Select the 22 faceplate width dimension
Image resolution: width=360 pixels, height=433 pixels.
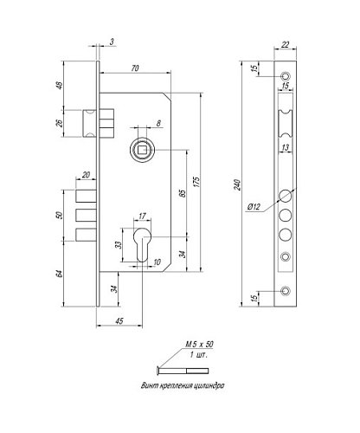click(x=286, y=46)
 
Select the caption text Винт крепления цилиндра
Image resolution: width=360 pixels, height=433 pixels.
click(x=183, y=381)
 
